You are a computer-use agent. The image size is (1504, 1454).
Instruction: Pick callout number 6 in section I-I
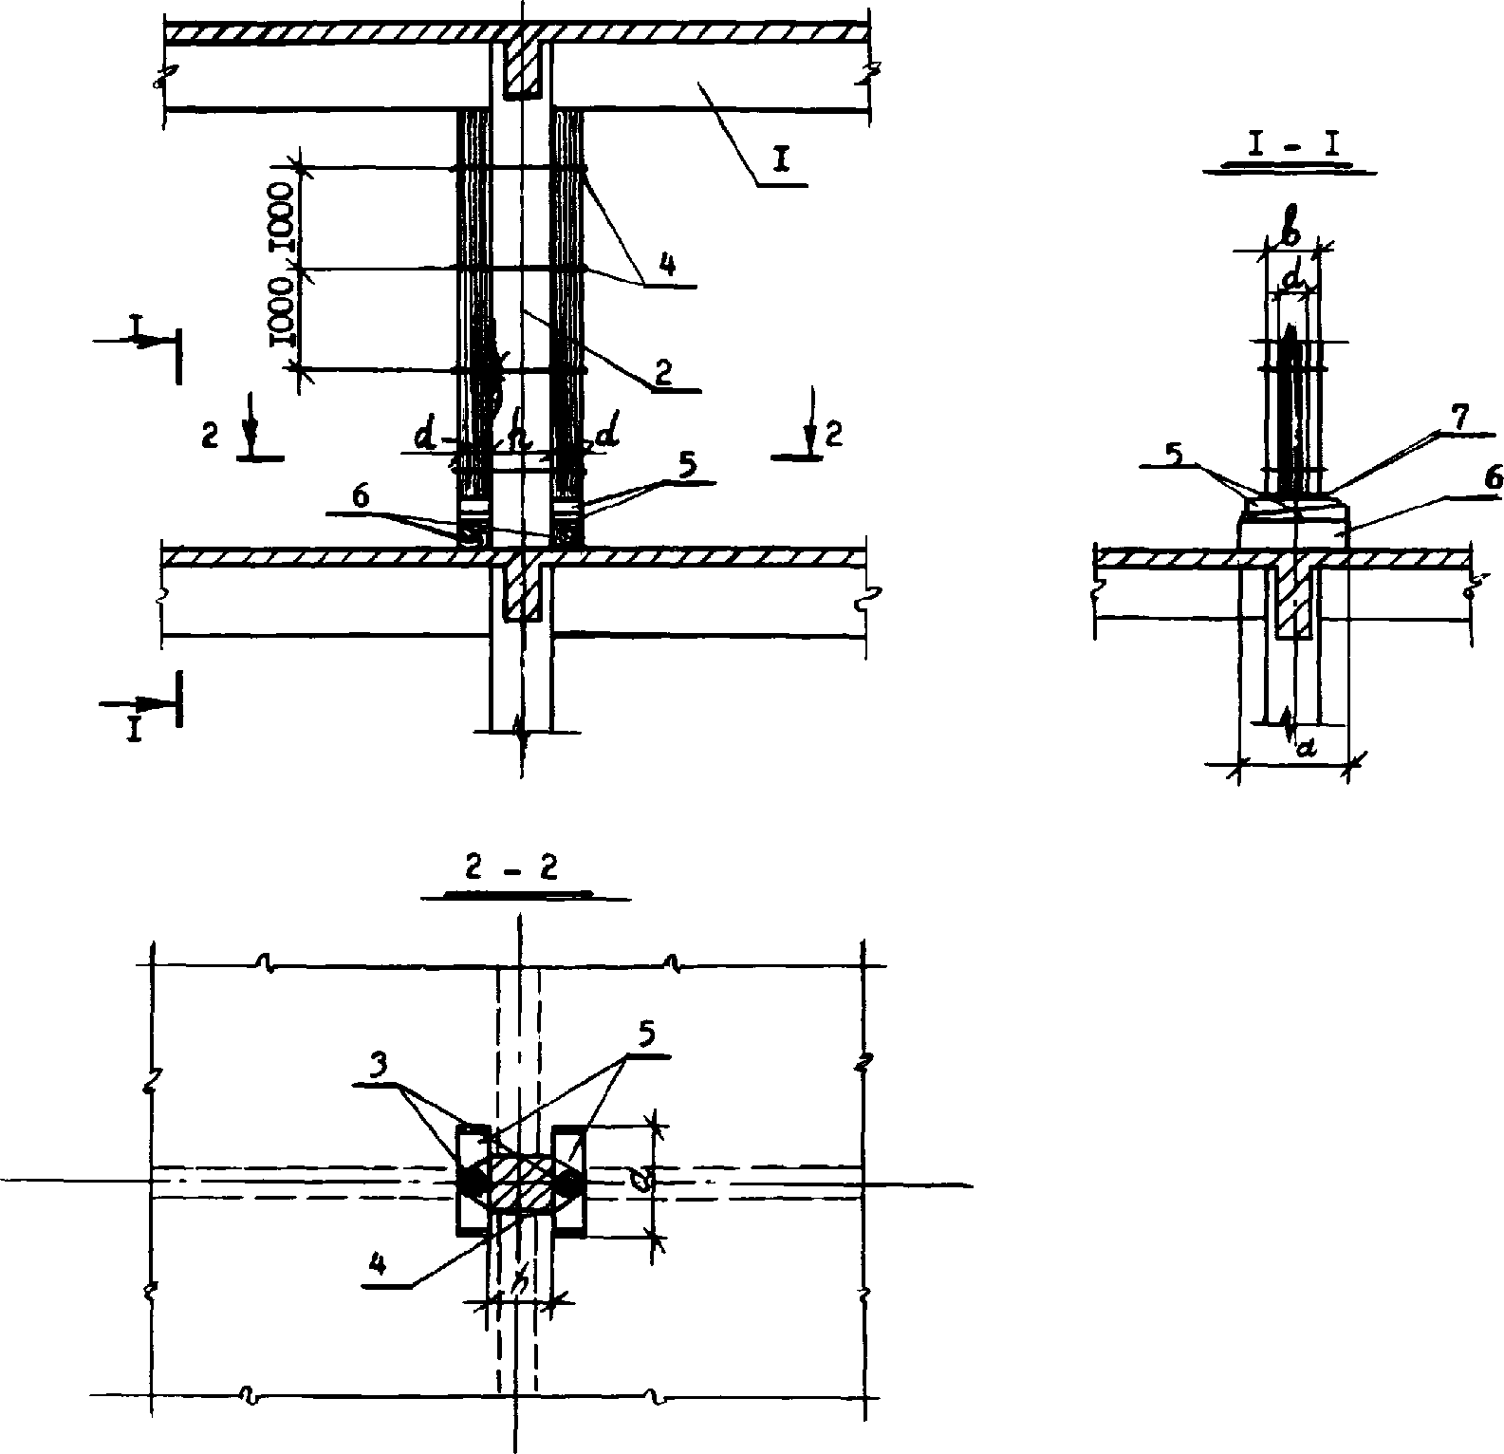(x=1493, y=480)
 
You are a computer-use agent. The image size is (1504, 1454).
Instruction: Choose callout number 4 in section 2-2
(x=378, y=1264)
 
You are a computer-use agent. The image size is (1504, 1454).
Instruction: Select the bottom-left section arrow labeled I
(x=135, y=729)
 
